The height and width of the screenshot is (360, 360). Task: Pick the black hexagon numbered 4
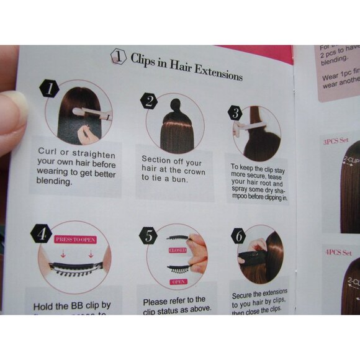pos(41,235)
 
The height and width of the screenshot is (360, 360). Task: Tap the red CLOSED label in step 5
pos(178,250)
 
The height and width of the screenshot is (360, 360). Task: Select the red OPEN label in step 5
pos(178,281)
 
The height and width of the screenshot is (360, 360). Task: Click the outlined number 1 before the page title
pos(118,57)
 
